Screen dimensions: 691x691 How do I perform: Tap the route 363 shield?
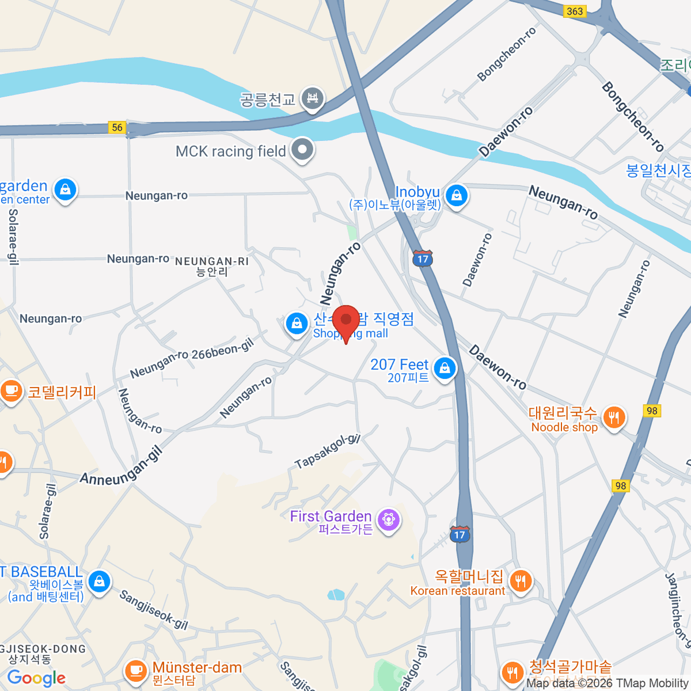[574, 11]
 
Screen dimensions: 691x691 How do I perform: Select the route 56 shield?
[117, 127]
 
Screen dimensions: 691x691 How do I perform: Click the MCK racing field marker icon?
[302, 150]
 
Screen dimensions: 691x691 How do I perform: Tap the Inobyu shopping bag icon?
[456, 196]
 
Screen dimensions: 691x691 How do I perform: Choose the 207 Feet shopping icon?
[445, 369]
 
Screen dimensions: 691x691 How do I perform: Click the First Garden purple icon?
[389, 520]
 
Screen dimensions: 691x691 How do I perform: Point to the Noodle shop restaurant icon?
[614, 417]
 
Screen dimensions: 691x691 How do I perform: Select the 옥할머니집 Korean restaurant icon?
[521, 581]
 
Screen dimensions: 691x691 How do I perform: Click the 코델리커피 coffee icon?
[10, 392]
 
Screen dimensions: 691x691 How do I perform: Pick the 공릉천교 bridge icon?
[313, 98]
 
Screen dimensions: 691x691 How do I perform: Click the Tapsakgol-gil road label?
[327, 451]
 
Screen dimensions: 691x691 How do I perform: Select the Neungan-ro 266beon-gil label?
[192, 358]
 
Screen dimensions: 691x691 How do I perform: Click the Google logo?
[36, 678]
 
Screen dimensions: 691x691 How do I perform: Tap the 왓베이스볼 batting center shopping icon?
[99, 582]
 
